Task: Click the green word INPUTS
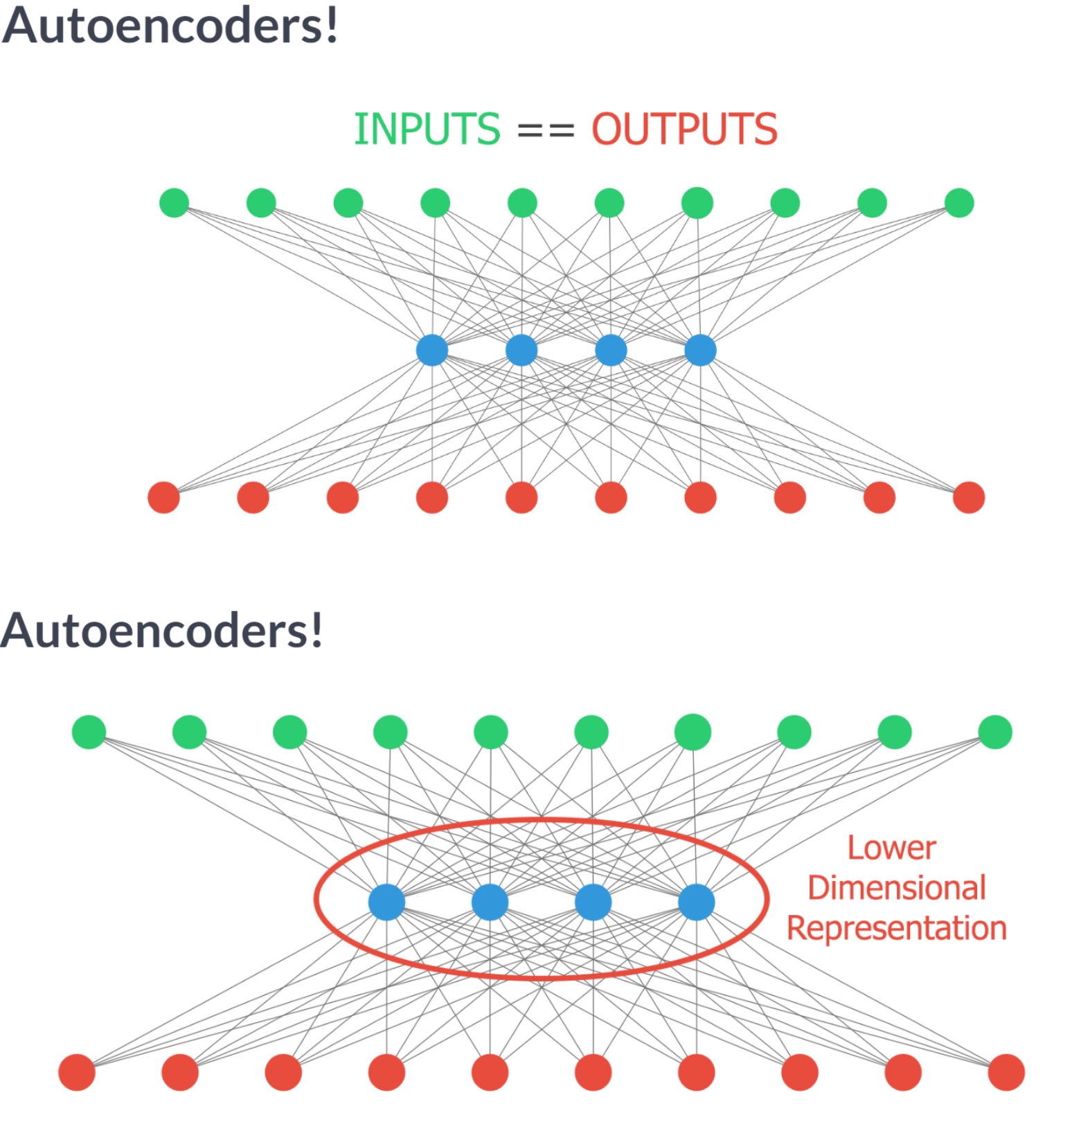coord(427,129)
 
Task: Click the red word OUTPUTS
coord(684,129)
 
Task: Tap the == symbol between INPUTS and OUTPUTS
coord(546,130)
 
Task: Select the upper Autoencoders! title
coord(170,26)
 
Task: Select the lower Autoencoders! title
coord(162,631)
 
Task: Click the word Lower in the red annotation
coord(892,848)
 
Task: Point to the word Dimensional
coord(897,888)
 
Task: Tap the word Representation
coord(897,928)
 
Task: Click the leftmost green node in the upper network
coord(174,203)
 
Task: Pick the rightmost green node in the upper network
coord(959,203)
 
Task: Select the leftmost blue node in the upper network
coord(432,350)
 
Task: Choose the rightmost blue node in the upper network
coord(700,350)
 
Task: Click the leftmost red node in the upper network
coord(164,497)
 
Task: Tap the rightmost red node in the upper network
coord(969,497)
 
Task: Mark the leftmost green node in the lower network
coord(89,732)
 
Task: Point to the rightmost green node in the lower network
coord(995,732)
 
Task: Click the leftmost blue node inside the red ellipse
coord(386,902)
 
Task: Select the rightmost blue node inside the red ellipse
coord(696,902)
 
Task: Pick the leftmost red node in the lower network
coord(77,1072)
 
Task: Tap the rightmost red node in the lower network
coord(1006,1072)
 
